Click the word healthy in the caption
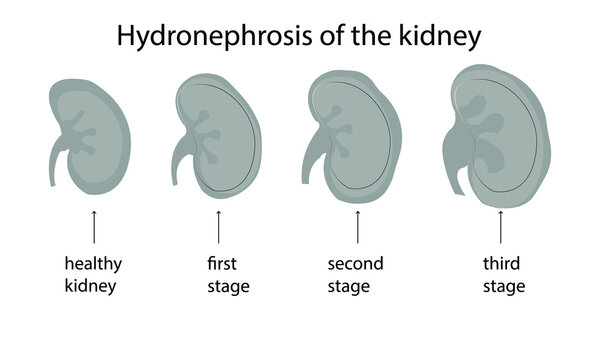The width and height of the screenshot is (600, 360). (93, 264)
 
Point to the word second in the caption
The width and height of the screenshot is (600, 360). (356, 264)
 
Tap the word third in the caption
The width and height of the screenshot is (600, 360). (501, 264)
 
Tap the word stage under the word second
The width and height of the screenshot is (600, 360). (349, 287)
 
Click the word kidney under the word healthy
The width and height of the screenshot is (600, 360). (93, 287)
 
